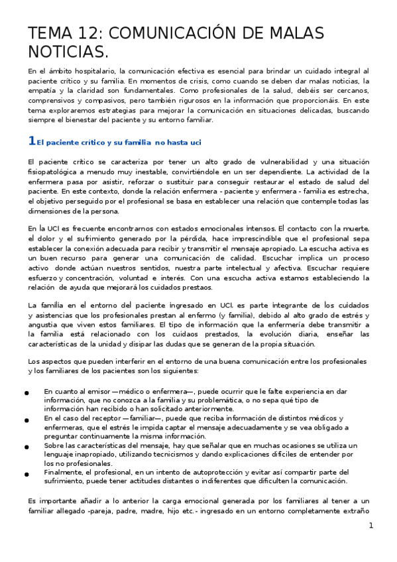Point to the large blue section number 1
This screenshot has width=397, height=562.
coord(31,140)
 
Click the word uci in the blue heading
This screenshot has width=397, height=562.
coord(194,142)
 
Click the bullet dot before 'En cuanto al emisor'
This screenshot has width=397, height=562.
coord(26,393)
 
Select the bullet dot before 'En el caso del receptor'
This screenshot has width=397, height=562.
coord(26,421)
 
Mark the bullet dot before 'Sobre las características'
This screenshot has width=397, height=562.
coord(26,448)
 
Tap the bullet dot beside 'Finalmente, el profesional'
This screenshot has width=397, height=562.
coord(26,475)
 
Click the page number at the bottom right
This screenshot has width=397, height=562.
coord(371,526)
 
